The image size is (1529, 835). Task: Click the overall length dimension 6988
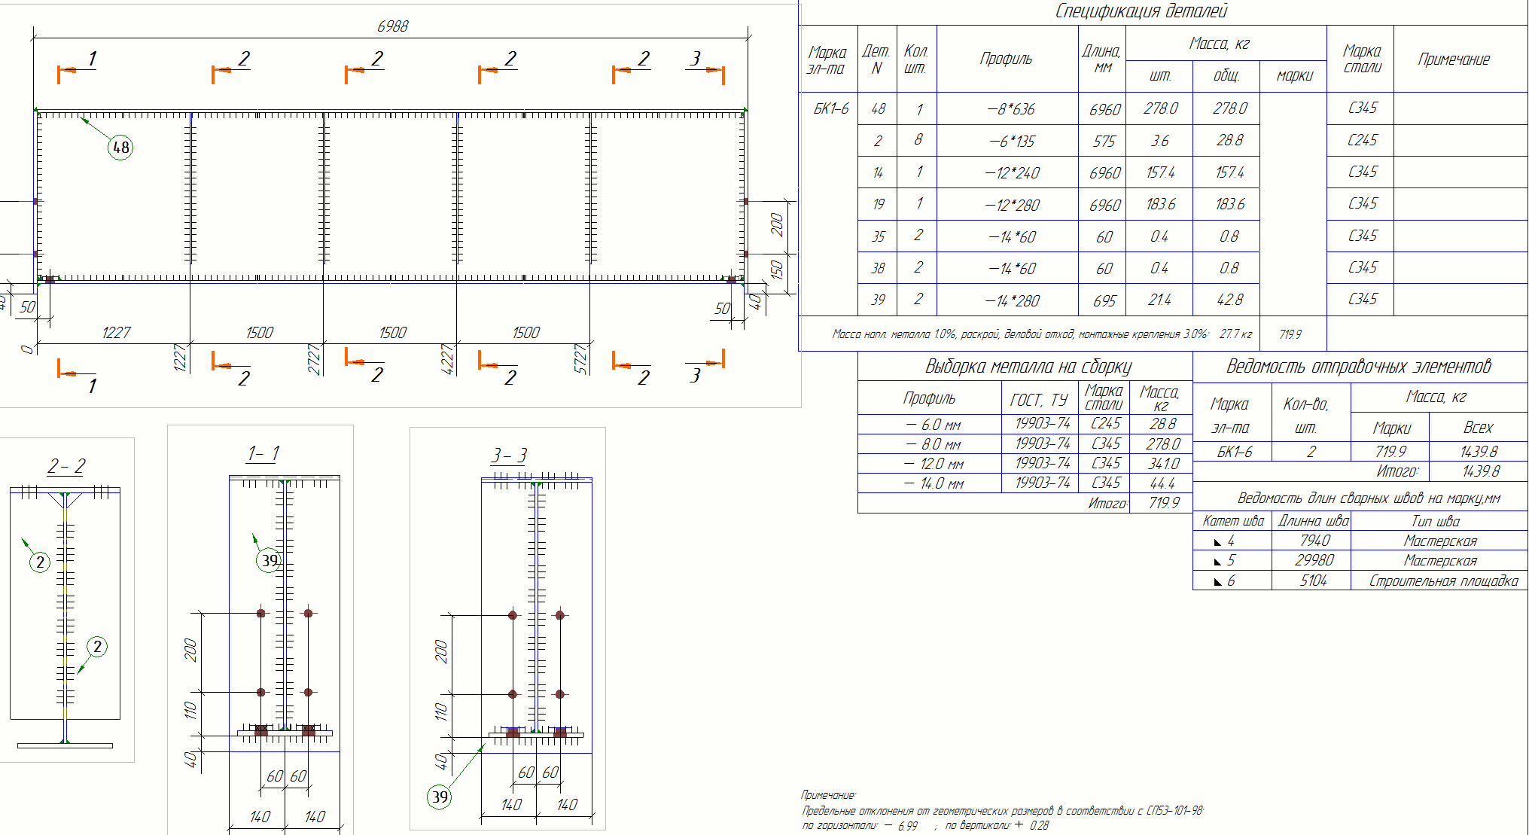392,26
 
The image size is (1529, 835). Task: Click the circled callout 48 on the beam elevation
120,148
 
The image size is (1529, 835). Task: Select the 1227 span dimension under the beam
116,333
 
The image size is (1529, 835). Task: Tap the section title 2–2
66,467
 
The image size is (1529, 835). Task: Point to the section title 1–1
263,453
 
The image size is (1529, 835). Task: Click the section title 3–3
509,456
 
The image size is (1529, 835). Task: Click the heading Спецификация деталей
1141,11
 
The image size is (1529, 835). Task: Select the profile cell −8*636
1010,109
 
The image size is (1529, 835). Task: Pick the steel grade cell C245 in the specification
1362,141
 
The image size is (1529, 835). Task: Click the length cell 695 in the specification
1104,301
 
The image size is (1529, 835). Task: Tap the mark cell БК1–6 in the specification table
830,109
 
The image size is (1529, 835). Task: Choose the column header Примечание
1453,59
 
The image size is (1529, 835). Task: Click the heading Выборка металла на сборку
1028,367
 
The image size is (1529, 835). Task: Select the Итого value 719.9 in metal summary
1164,503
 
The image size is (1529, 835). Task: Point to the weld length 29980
1314,560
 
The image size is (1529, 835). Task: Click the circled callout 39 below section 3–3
440,797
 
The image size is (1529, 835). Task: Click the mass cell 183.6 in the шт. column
1160,205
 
